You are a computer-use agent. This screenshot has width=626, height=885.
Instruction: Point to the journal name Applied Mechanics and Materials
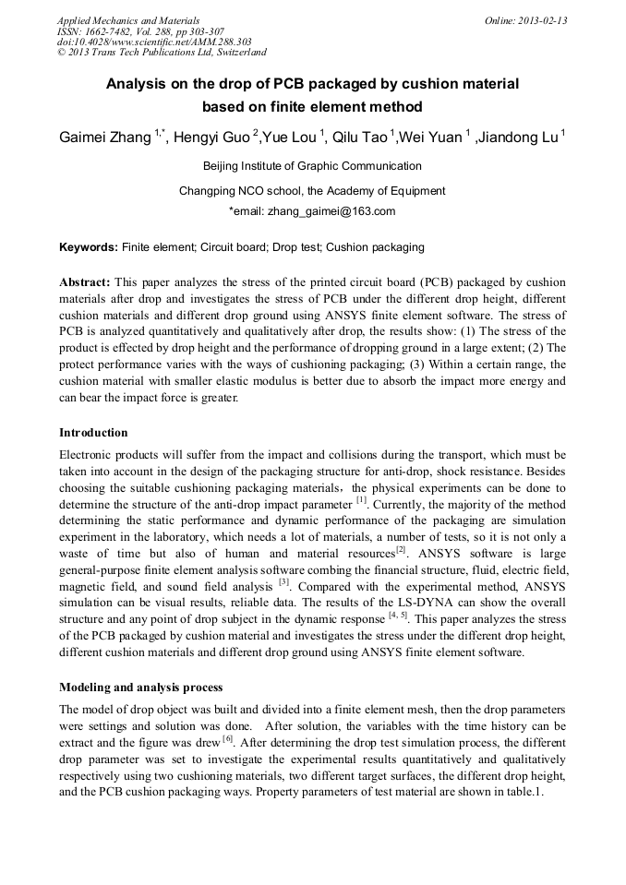tap(127, 19)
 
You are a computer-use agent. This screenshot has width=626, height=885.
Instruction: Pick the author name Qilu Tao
tap(363, 138)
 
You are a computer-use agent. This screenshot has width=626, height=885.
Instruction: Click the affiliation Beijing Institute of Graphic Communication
tap(312, 167)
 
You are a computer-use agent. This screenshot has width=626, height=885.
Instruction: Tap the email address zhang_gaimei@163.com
tap(331, 211)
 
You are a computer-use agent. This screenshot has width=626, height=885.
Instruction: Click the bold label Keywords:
tap(89, 248)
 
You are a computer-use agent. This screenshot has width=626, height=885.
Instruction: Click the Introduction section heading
tap(93, 433)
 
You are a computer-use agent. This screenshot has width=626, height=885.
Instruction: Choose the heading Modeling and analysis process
tap(140, 688)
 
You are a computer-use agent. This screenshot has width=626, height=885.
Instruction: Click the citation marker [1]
tap(362, 501)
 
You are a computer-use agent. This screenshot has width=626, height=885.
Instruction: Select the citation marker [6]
tap(226, 740)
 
